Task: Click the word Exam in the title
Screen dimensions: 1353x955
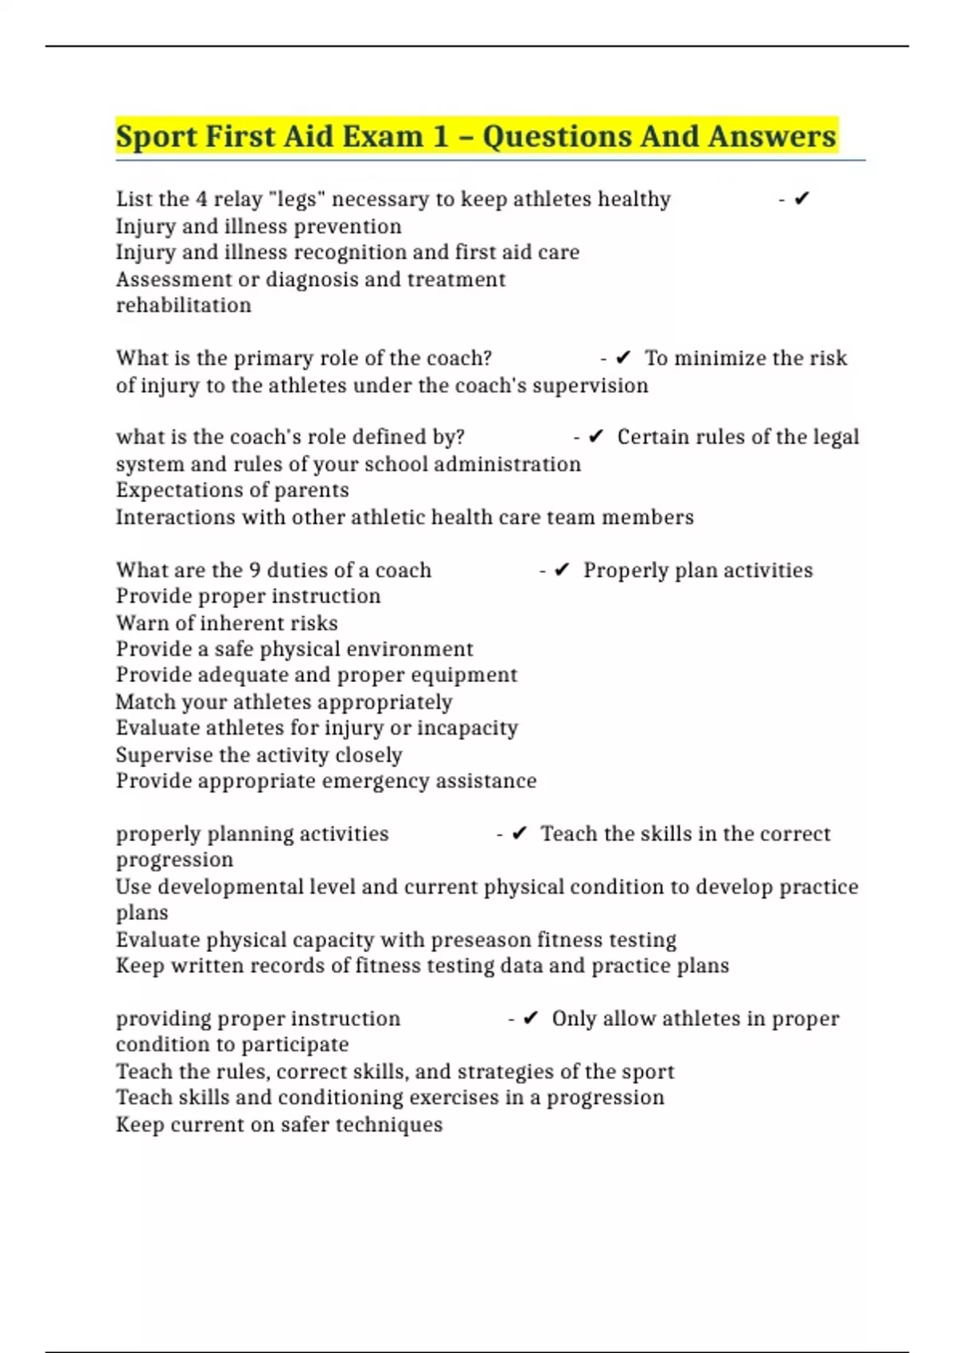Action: tap(382, 137)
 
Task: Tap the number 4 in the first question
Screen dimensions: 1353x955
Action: tap(201, 199)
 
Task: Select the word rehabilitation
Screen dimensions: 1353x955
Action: tap(184, 306)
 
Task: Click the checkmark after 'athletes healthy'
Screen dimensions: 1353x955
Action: tap(801, 199)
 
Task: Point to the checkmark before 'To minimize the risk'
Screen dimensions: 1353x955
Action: tap(623, 358)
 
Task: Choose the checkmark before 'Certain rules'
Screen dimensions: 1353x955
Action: tap(596, 437)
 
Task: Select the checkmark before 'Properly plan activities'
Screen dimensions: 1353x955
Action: tap(562, 571)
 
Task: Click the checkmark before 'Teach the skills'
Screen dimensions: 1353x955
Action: tap(520, 834)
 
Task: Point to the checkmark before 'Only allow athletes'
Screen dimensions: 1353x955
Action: tap(531, 1019)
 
